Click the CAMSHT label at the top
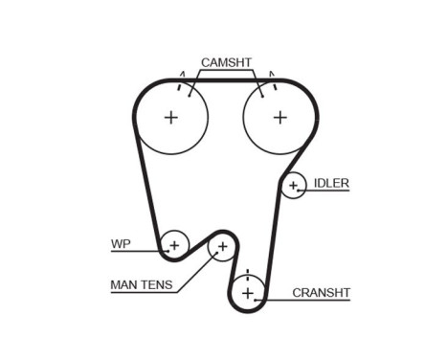[226, 62]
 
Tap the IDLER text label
[331, 183]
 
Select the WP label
[121, 244]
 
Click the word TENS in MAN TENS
[157, 284]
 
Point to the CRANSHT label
[321, 293]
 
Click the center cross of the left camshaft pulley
[171, 118]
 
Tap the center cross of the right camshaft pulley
[280, 118]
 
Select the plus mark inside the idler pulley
[293, 185]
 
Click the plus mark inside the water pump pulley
[174, 246]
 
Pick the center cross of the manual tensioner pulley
[222, 246]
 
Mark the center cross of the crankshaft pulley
[248, 293]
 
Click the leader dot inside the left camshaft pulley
[190, 96]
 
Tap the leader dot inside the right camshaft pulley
[262, 96]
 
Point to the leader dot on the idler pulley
[299, 191]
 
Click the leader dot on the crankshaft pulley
[256, 300]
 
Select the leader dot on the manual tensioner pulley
[216, 253]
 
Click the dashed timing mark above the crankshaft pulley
[248, 276]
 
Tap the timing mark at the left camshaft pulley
[181, 81]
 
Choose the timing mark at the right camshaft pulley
[273, 80]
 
